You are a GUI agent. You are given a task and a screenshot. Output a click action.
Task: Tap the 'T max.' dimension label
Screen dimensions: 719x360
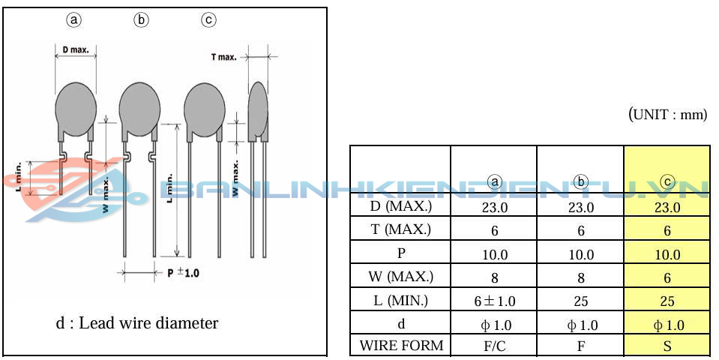pos(223,57)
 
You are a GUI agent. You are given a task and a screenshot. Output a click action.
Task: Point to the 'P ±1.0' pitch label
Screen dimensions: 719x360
pos(183,272)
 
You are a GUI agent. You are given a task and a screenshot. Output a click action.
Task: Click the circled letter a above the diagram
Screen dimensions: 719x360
pos(73,19)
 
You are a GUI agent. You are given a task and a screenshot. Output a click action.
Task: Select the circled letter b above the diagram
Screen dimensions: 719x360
pos(141,19)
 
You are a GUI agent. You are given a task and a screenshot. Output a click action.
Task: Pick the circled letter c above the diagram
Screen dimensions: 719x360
pos(208,19)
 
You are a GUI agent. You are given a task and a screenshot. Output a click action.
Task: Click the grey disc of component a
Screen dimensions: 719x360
pos(76,109)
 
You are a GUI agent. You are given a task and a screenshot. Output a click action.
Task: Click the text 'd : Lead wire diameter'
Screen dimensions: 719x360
pos(136,322)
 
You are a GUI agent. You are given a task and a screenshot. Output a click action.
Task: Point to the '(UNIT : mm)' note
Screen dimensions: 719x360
pos(667,114)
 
